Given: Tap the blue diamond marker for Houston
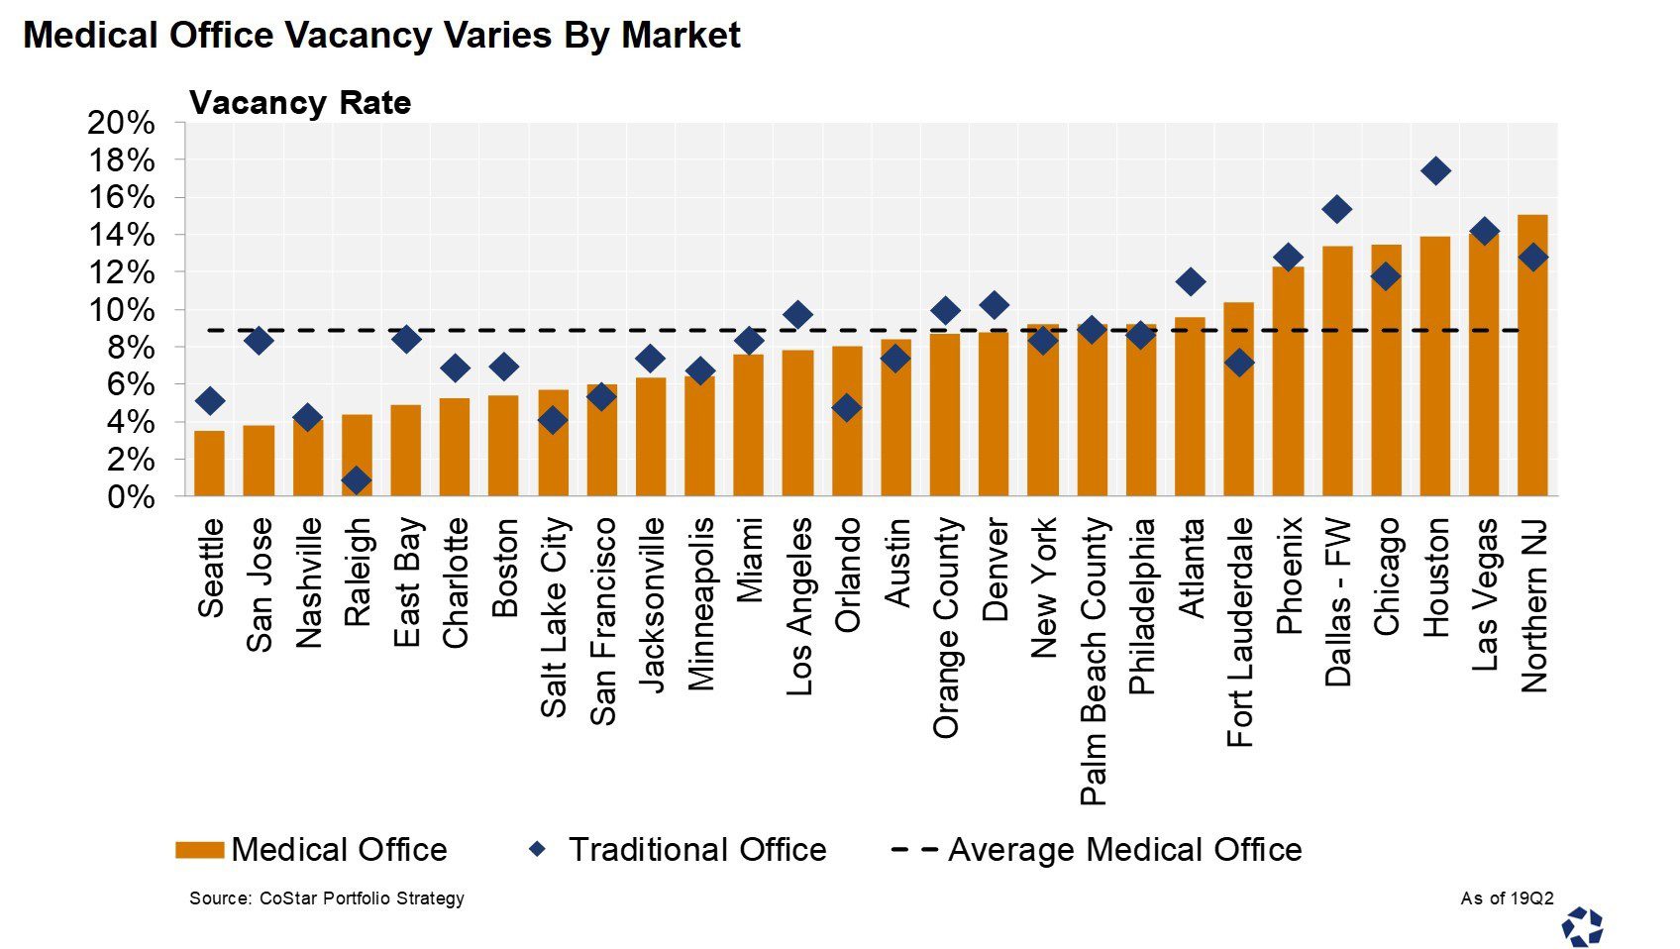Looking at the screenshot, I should click(x=1434, y=171).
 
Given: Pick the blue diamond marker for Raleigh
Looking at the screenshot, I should click(x=357, y=480).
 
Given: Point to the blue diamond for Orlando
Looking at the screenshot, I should click(x=846, y=407).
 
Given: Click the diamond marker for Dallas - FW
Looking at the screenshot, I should click(x=1336, y=209).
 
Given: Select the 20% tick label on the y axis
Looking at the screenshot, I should click(x=121, y=123).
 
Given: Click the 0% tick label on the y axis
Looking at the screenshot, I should click(x=131, y=497).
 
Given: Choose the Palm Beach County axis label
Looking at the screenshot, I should click(x=1093, y=661).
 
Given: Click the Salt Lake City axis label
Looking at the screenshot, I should click(x=554, y=617).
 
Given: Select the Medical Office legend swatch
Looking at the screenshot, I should click(x=199, y=850).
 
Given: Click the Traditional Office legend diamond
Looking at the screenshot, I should click(x=537, y=849).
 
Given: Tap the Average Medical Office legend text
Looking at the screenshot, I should click(x=1124, y=850).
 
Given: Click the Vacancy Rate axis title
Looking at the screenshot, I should click(x=300, y=103).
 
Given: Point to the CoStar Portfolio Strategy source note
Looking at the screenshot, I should click(x=327, y=898).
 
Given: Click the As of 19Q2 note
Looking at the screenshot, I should click(x=1507, y=898).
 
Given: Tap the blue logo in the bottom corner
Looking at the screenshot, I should click(x=1582, y=927).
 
